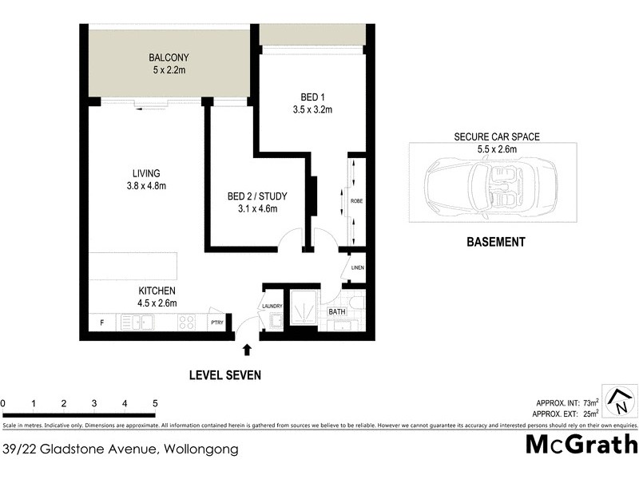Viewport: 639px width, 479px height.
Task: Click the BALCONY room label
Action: [168, 57]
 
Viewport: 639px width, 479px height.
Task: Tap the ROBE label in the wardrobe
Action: [355, 202]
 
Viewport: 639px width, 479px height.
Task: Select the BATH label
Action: [336, 312]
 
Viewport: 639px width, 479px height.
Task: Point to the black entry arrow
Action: [247, 349]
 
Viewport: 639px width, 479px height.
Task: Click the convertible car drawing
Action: [484, 190]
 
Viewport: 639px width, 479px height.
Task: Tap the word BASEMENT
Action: [495, 242]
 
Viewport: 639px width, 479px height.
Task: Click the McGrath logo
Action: [582, 444]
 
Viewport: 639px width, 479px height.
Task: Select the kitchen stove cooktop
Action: [186, 323]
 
